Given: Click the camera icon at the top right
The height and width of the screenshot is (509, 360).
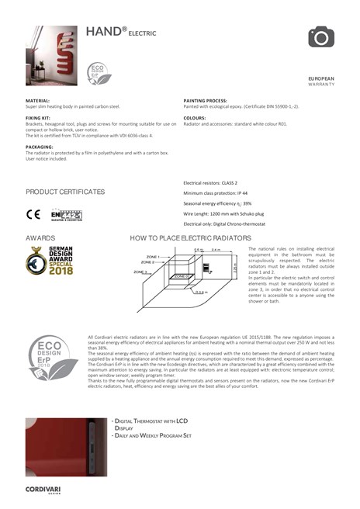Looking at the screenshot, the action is pos(320,36).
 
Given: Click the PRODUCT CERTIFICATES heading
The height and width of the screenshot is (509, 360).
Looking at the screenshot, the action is pos(64,192).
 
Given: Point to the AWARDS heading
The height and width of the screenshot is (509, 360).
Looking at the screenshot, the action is pos(40,237).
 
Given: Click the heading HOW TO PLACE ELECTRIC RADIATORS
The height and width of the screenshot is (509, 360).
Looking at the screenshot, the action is pos(190,237).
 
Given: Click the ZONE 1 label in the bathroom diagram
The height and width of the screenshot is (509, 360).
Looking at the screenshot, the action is pos(153,256).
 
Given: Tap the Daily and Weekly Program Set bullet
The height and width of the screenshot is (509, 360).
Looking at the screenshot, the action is pos(152,435).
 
